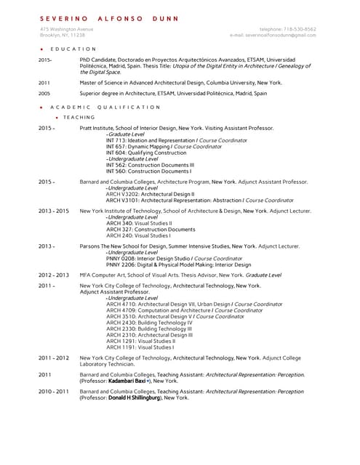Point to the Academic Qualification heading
105,107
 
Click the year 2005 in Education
44,93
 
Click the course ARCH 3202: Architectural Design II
150,194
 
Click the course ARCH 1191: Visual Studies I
140,347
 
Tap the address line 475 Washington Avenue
67,29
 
